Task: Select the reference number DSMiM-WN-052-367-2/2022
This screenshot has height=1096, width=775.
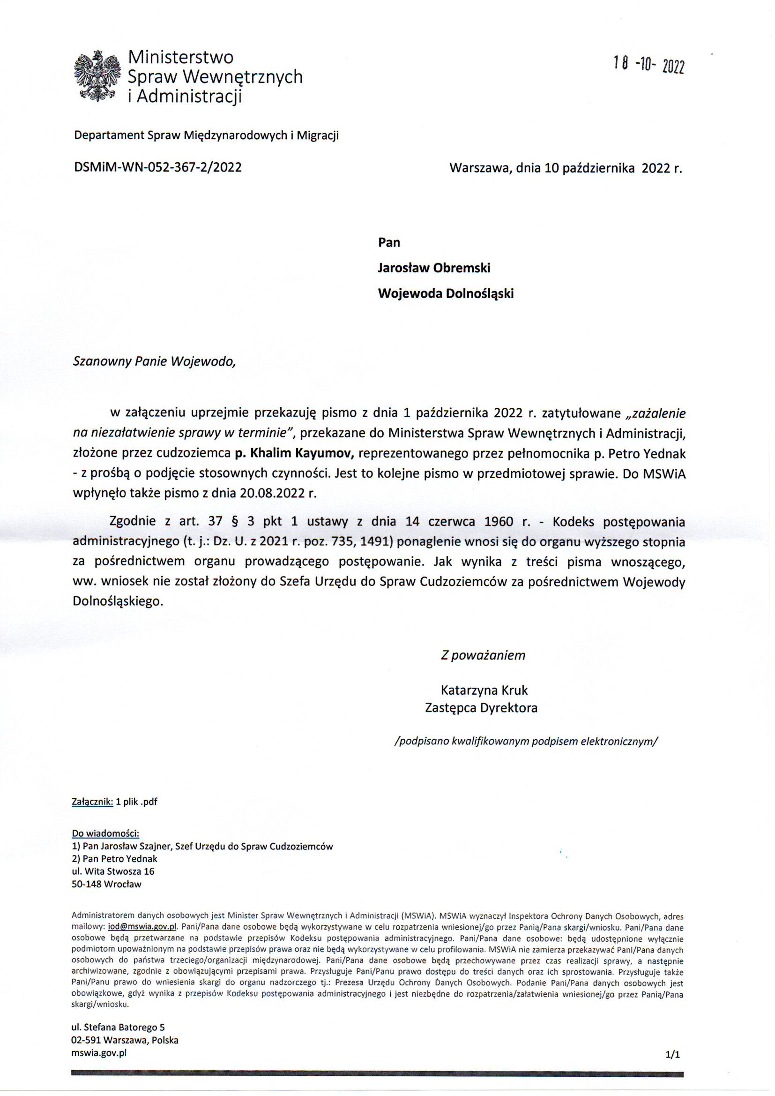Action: pos(157,167)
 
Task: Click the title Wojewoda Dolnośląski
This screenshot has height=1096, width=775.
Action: pos(445,293)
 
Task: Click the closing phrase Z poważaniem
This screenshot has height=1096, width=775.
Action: pos(483,655)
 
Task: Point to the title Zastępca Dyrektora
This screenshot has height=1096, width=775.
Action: pos(481,707)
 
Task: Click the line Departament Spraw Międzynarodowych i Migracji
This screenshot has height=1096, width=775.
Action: pos(206,136)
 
